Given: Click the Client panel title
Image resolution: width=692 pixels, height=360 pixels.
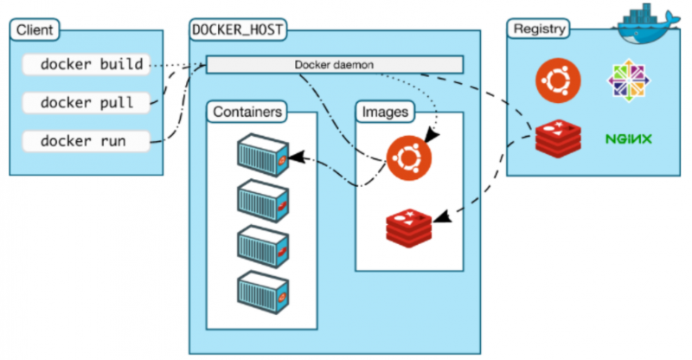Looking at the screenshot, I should (34, 31).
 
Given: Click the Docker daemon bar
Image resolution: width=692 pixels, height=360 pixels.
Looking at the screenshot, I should (334, 65).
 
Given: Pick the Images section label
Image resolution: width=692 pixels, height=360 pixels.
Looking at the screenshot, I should (386, 112).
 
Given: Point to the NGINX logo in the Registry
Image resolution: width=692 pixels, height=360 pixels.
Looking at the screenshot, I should (628, 138).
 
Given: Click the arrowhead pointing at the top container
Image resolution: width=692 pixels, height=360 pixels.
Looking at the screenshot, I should (296, 157).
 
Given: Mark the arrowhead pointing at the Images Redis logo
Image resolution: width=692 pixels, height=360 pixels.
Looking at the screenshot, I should (439, 220).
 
